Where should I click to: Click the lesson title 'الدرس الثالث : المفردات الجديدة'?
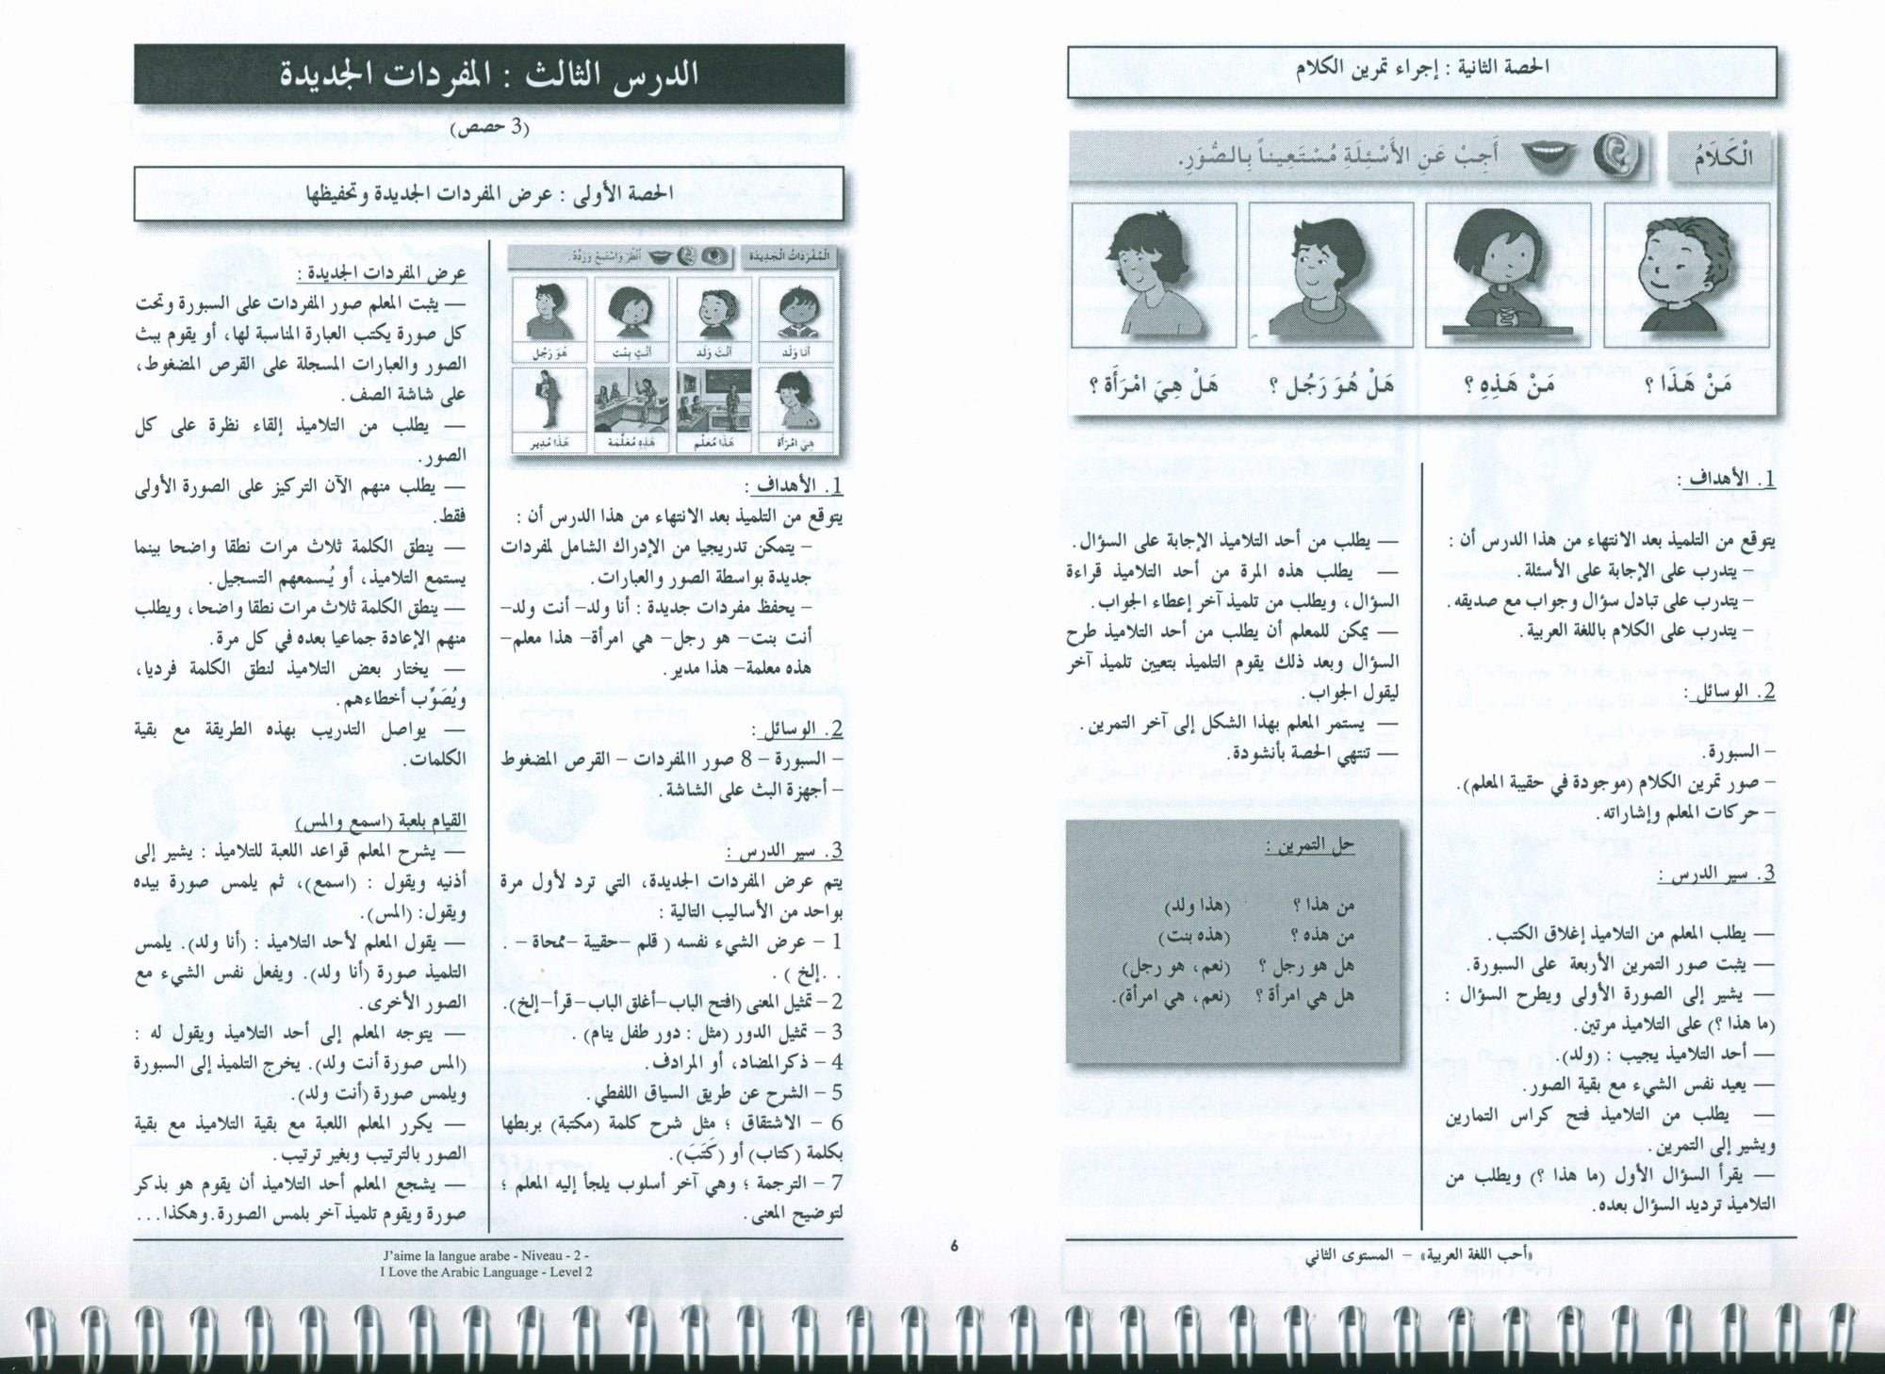pos(489,75)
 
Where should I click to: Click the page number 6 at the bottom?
pos(954,1246)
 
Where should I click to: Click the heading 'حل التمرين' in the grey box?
pos(1311,845)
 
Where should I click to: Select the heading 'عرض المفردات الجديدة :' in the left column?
pos(382,274)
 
